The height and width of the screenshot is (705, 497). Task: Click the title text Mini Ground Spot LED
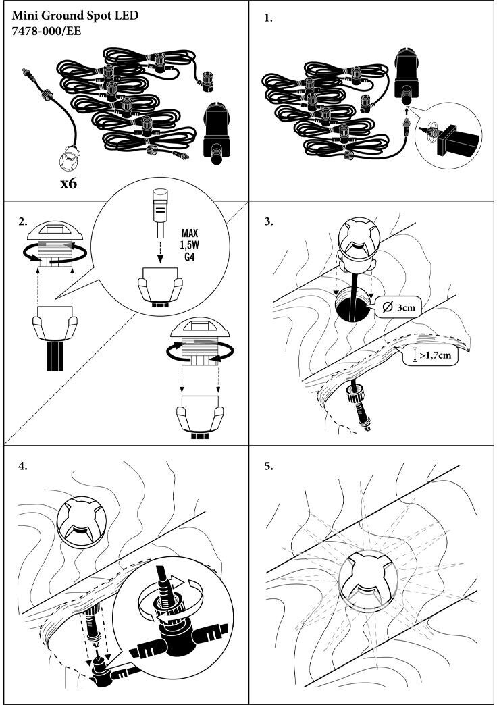pyautogui.click(x=75, y=15)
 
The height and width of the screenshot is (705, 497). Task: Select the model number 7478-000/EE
pyautogui.click(x=47, y=31)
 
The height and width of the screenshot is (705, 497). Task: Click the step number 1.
pyautogui.click(x=269, y=19)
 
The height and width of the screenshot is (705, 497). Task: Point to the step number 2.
pyautogui.click(x=23, y=221)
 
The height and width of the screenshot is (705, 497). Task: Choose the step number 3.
pyautogui.click(x=269, y=221)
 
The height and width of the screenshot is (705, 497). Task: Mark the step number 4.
pyautogui.click(x=23, y=465)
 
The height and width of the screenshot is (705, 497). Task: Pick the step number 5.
pyautogui.click(x=269, y=465)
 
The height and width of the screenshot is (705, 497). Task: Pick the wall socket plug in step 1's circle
pyautogui.click(x=453, y=138)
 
